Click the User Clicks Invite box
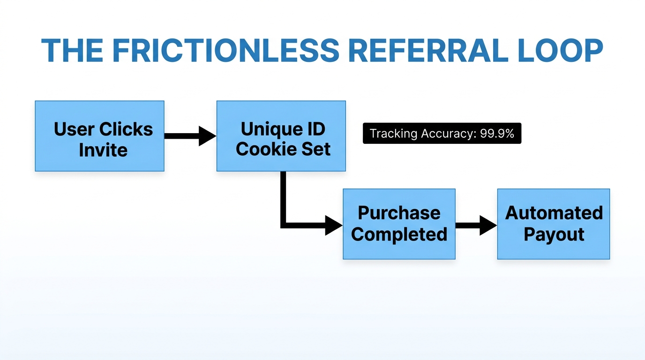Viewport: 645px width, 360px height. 99,136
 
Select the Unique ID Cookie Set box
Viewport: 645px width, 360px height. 281,136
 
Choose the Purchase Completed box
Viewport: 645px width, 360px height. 399,224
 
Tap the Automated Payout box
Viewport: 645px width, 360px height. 553,224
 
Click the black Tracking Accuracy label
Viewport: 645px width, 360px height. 442,134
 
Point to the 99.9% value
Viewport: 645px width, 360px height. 497,134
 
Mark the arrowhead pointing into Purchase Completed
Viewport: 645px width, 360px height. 334,225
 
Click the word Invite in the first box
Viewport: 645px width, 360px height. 103,150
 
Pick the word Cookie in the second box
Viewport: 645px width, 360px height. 263,149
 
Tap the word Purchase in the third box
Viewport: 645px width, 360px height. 399,213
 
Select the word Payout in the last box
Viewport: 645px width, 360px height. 554,234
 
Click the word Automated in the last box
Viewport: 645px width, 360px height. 554,213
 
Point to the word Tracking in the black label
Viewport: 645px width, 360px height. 393,134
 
